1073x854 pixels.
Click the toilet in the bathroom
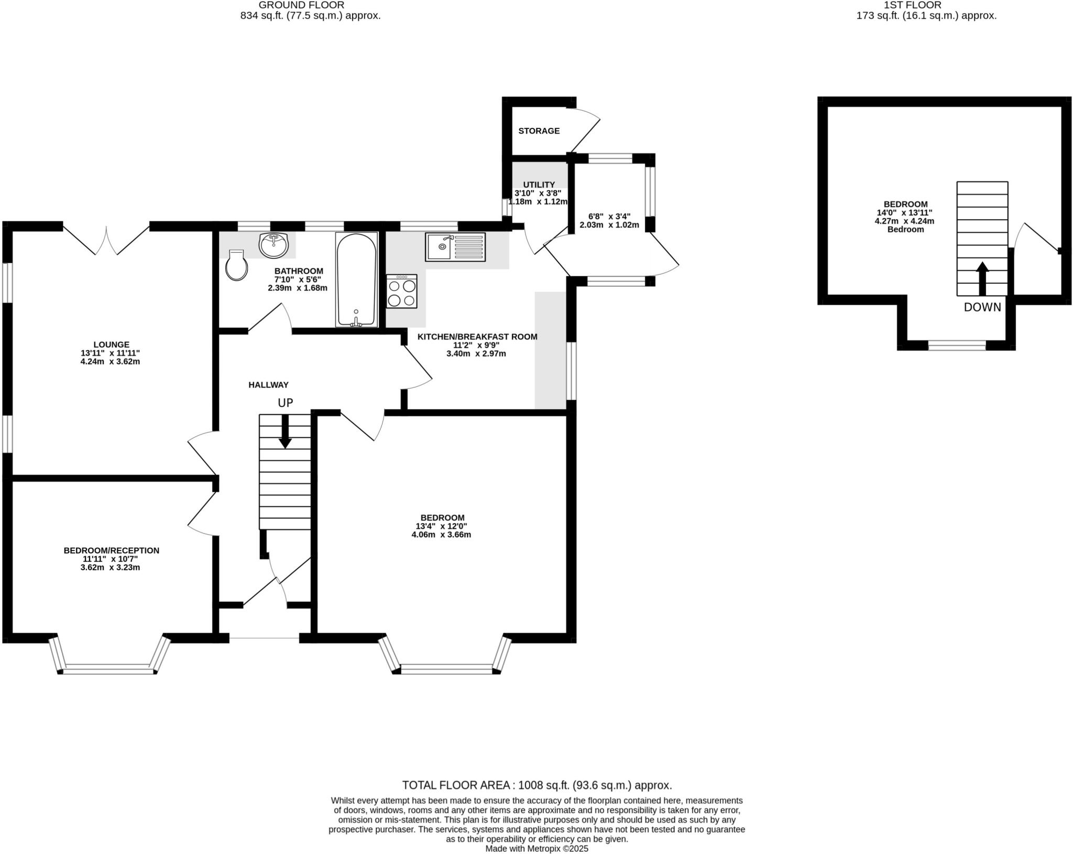click(236, 266)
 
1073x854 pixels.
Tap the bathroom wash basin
click(273, 245)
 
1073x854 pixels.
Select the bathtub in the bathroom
click(356, 279)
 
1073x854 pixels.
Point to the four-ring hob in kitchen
click(402, 291)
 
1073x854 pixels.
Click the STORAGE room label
click(539, 131)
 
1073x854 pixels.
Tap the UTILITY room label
click(539, 185)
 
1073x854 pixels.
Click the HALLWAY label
click(268, 385)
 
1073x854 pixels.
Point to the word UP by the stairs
click(285, 403)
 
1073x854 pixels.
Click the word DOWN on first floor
click(982, 307)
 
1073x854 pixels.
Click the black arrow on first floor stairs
click(982, 278)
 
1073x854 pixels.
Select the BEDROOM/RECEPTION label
click(112, 550)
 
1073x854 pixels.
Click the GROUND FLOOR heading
click(301, 5)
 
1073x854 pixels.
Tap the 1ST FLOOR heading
click(926, 5)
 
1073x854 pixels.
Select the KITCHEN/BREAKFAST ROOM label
click(477, 337)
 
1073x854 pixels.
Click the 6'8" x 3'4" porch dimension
click(609, 216)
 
